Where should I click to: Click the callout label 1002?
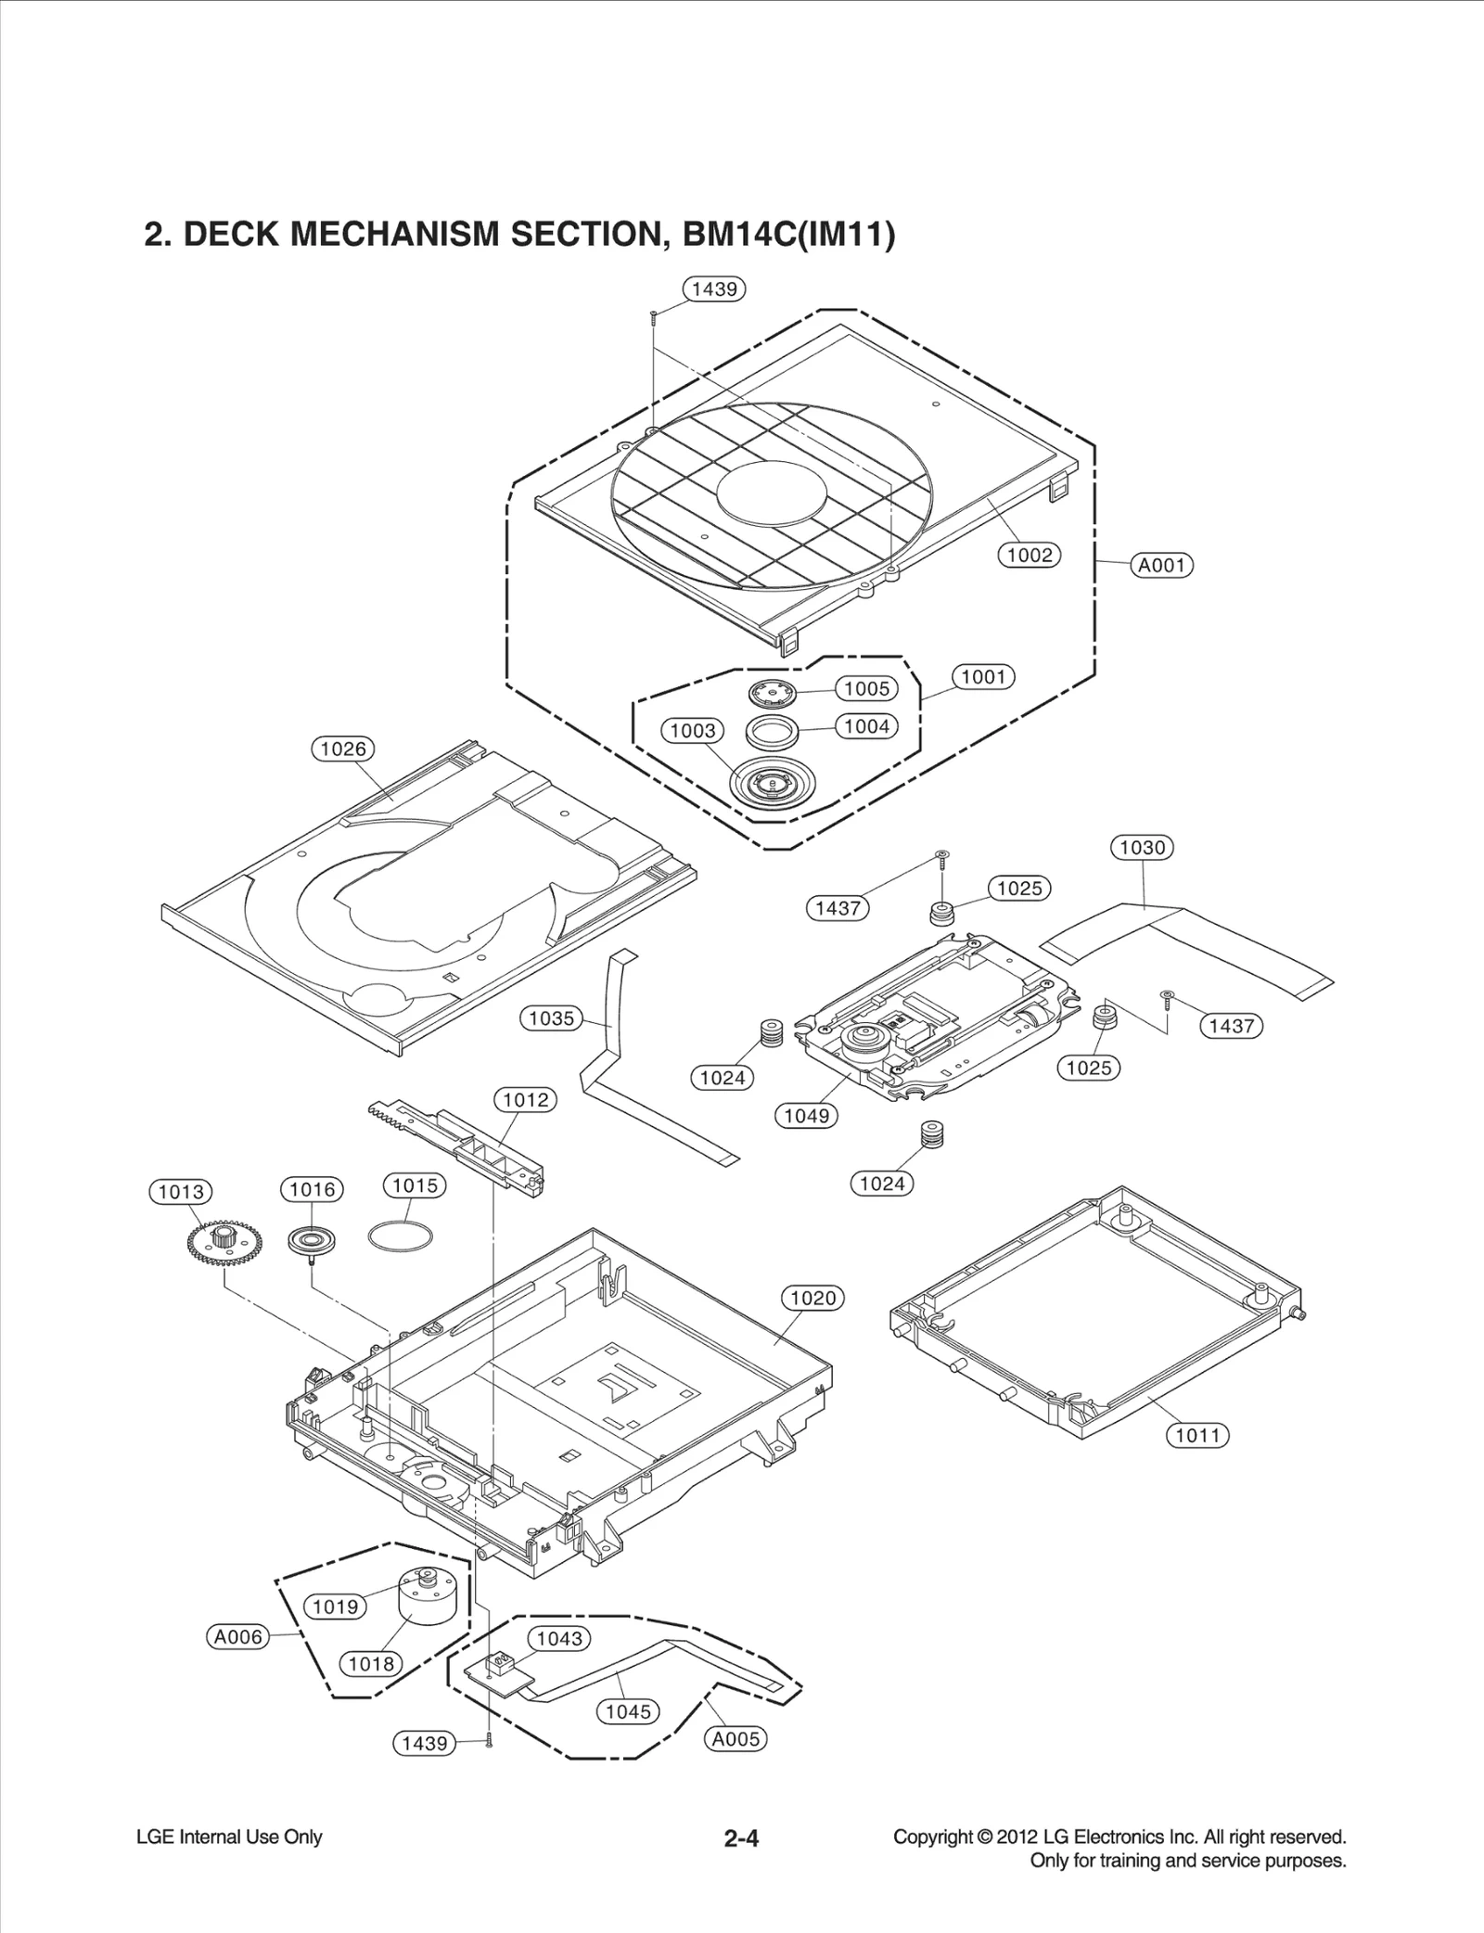(x=1029, y=556)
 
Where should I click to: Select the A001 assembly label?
(x=1161, y=565)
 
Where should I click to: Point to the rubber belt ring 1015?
(x=400, y=1236)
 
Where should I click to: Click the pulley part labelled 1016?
(x=312, y=1241)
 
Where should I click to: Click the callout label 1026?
(x=342, y=749)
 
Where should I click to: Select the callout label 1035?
(x=551, y=1018)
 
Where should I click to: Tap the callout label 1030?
(x=1142, y=848)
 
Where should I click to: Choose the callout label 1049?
(x=806, y=1116)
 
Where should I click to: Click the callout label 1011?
(x=1196, y=1436)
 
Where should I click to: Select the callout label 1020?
(x=812, y=1299)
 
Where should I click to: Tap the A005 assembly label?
(x=736, y=1739)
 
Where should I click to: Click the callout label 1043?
(x=559, y=1639)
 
